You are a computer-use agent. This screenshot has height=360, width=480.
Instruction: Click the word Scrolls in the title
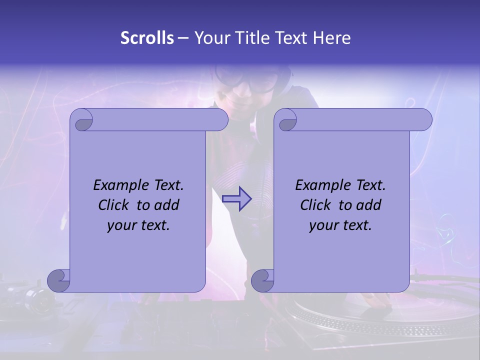tap(147, 37)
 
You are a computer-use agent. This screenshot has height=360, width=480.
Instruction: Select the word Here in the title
tap(332, 37)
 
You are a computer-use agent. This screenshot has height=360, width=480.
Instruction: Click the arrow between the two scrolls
tap(236, 198)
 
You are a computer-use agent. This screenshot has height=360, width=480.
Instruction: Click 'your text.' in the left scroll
tap(138, 225)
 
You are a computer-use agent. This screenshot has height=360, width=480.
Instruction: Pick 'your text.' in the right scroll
tap(340, 225)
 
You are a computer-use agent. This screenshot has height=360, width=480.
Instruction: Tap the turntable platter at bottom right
tap(380, 320)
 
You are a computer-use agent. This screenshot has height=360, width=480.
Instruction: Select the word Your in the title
tap(210, 37)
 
